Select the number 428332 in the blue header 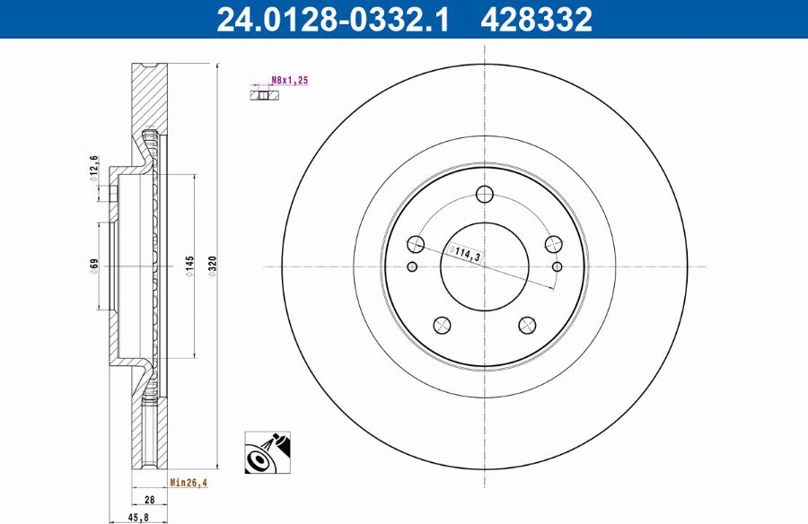[536, 19]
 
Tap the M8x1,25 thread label [290, 81]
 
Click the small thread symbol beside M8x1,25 [259, 92]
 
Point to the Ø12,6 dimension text [93, 168]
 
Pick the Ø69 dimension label [93, 266]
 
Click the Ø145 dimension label [190, 266]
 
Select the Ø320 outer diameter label [213, 266]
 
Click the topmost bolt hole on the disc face [485, 194]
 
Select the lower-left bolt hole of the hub [442, 325]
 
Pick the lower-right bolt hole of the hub [528, 325]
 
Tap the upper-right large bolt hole [553, 244]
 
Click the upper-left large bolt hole [417, 244]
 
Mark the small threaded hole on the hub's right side [558, 266]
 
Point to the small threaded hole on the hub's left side [412, 266]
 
